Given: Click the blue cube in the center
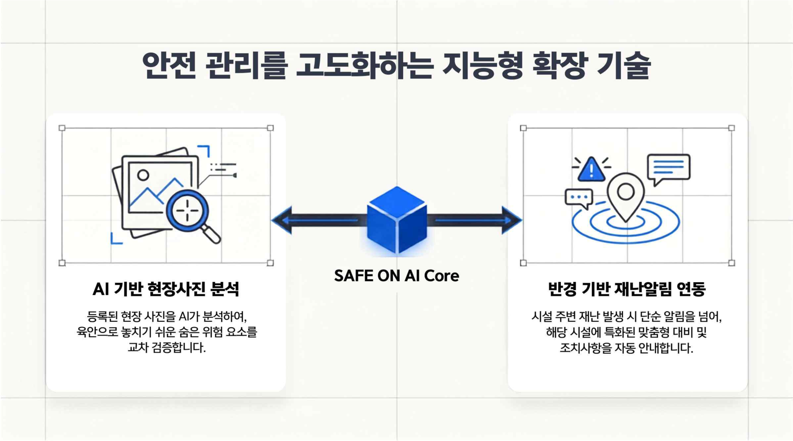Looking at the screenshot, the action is point(396,219).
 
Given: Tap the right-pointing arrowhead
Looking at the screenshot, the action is point(512,220).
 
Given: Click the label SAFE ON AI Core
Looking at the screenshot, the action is point(396,276).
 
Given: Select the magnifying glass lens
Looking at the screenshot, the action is point(188,211).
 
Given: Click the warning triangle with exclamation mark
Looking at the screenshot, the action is point(591,169).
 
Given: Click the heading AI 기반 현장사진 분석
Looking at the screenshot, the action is point(166,289).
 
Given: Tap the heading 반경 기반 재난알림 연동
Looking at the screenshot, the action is point(627,289).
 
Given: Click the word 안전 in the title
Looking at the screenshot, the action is point(169,65).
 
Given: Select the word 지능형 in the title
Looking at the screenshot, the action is point(482,65).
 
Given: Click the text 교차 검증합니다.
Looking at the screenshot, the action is point(166,348).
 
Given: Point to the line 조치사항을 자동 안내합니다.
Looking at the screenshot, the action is point(627,348).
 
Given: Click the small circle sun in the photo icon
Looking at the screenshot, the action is point(143,175).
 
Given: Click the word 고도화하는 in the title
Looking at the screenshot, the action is point(365,65).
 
